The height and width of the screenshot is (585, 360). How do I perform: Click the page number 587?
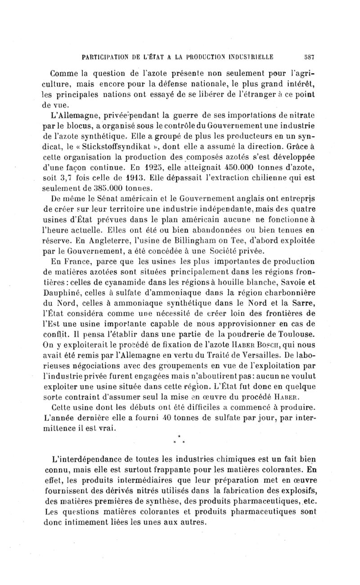tap(308, 58)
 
